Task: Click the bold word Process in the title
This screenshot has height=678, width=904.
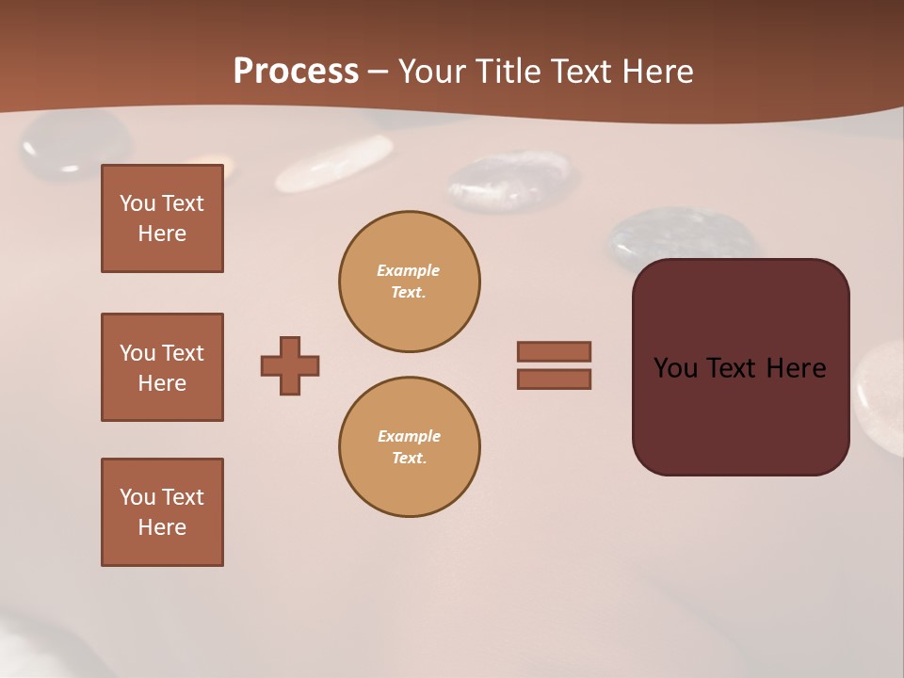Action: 296,72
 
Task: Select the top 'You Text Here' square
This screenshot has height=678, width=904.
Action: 162,218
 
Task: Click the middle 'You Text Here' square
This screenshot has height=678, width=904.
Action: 162,367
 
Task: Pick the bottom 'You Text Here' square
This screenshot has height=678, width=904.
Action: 162,512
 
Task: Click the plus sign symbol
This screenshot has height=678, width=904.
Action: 290,365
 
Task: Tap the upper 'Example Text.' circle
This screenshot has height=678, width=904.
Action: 410,282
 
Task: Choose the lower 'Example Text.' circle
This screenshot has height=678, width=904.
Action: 410,447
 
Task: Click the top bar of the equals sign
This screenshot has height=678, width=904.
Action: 554,351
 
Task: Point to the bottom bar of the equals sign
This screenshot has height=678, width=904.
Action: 554,379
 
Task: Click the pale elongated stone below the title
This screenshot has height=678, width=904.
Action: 334,162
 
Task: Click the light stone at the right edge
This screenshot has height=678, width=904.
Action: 880,386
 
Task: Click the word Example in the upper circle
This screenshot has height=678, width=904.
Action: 409,270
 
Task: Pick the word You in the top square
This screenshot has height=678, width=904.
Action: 137,203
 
